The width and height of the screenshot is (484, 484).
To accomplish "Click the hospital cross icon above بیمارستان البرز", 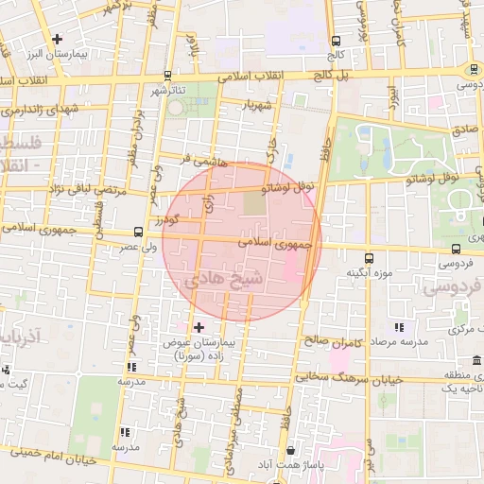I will pos(59,40).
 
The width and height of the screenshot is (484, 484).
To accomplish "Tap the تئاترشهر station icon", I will pos(167,76).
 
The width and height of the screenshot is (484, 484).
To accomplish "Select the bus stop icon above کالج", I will pos(337,41).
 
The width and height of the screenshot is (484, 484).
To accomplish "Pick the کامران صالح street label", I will pos(327,337).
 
